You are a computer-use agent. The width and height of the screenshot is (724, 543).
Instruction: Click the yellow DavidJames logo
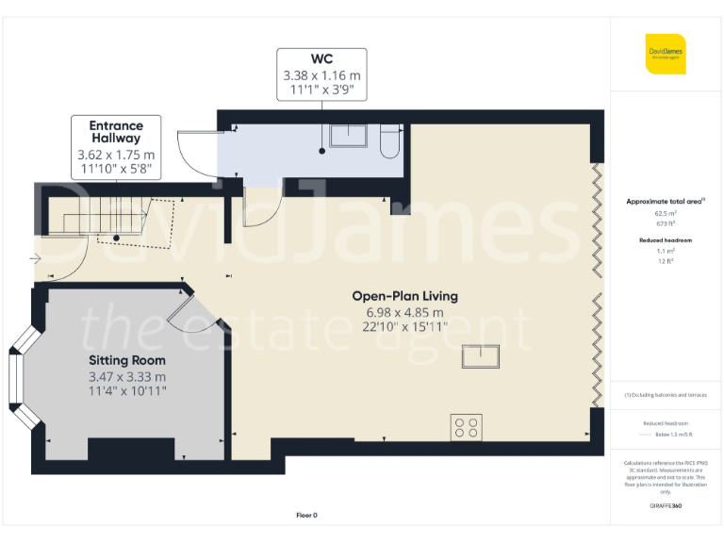666,54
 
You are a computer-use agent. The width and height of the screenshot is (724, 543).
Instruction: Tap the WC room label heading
321,58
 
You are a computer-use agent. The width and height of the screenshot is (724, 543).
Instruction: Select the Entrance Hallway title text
116,132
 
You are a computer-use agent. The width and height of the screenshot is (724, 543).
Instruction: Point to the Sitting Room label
127,360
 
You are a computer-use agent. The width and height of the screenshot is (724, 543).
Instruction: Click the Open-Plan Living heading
405,296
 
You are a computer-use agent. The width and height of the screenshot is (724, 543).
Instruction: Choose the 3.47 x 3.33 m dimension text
127,376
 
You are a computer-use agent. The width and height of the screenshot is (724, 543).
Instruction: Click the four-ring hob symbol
467,427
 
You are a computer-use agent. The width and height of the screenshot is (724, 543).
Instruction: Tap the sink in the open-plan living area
481,357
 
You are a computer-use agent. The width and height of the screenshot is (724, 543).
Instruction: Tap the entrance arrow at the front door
36,257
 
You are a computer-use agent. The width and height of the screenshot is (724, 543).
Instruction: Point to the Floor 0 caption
307,515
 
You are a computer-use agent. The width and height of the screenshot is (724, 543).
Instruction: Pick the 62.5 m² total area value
666,214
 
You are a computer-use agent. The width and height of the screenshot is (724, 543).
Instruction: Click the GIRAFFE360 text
666,506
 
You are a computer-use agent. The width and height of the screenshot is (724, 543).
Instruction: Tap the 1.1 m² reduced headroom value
666,252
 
